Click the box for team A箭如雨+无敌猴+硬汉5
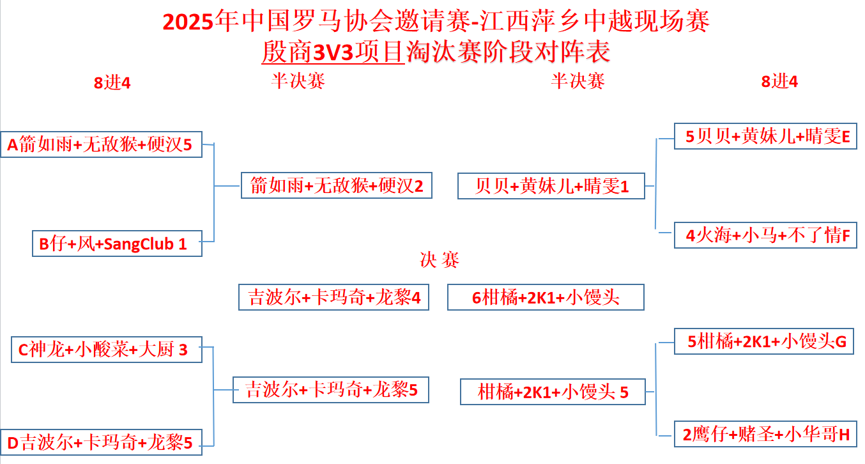click(101, 144)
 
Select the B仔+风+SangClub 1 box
click(117, 244)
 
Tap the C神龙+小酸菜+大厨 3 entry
click(107, 350)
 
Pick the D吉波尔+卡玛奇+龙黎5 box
click(101, 442)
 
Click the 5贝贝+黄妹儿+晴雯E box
click(765, 136)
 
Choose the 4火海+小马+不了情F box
click(765, 235)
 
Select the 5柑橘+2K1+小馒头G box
click(765, 341)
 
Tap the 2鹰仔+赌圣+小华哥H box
click(765, 435)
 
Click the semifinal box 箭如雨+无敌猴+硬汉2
click(337, 186)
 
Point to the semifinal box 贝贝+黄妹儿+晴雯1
click(551, 186)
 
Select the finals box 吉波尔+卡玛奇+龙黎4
click(333, 297)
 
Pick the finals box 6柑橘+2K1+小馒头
click(546, 297)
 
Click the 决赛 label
click(440, 259)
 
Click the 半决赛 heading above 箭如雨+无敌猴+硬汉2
click(298, 81)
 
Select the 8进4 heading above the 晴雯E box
click(779, 82)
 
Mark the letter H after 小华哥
click(844, 435)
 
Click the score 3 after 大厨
click(183, 350)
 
